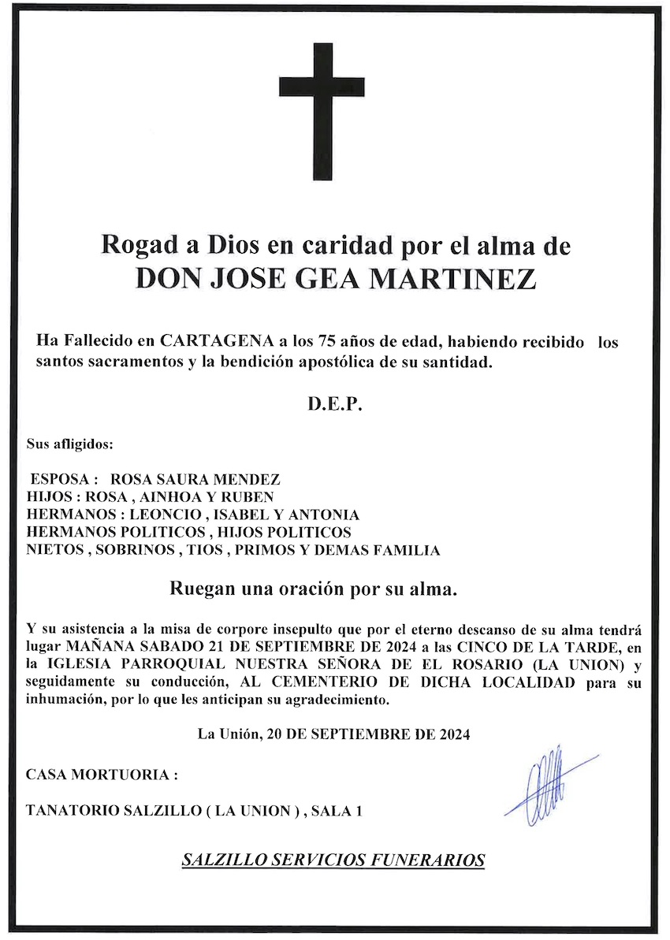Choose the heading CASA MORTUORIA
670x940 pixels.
point(102,775)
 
